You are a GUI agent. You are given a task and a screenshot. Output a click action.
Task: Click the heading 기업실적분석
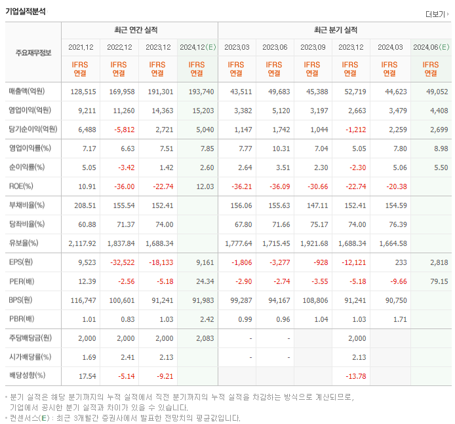(26, 11)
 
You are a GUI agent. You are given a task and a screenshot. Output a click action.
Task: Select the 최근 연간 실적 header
(139, 30)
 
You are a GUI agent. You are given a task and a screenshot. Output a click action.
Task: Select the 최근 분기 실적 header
(334, 30)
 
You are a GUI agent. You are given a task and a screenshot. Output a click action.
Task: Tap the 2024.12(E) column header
(197, 47)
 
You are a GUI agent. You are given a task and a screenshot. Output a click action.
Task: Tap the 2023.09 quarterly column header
(313, 47)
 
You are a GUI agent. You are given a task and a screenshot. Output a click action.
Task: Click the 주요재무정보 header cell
(33, 53)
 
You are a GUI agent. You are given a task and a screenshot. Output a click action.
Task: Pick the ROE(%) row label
(22, 186)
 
